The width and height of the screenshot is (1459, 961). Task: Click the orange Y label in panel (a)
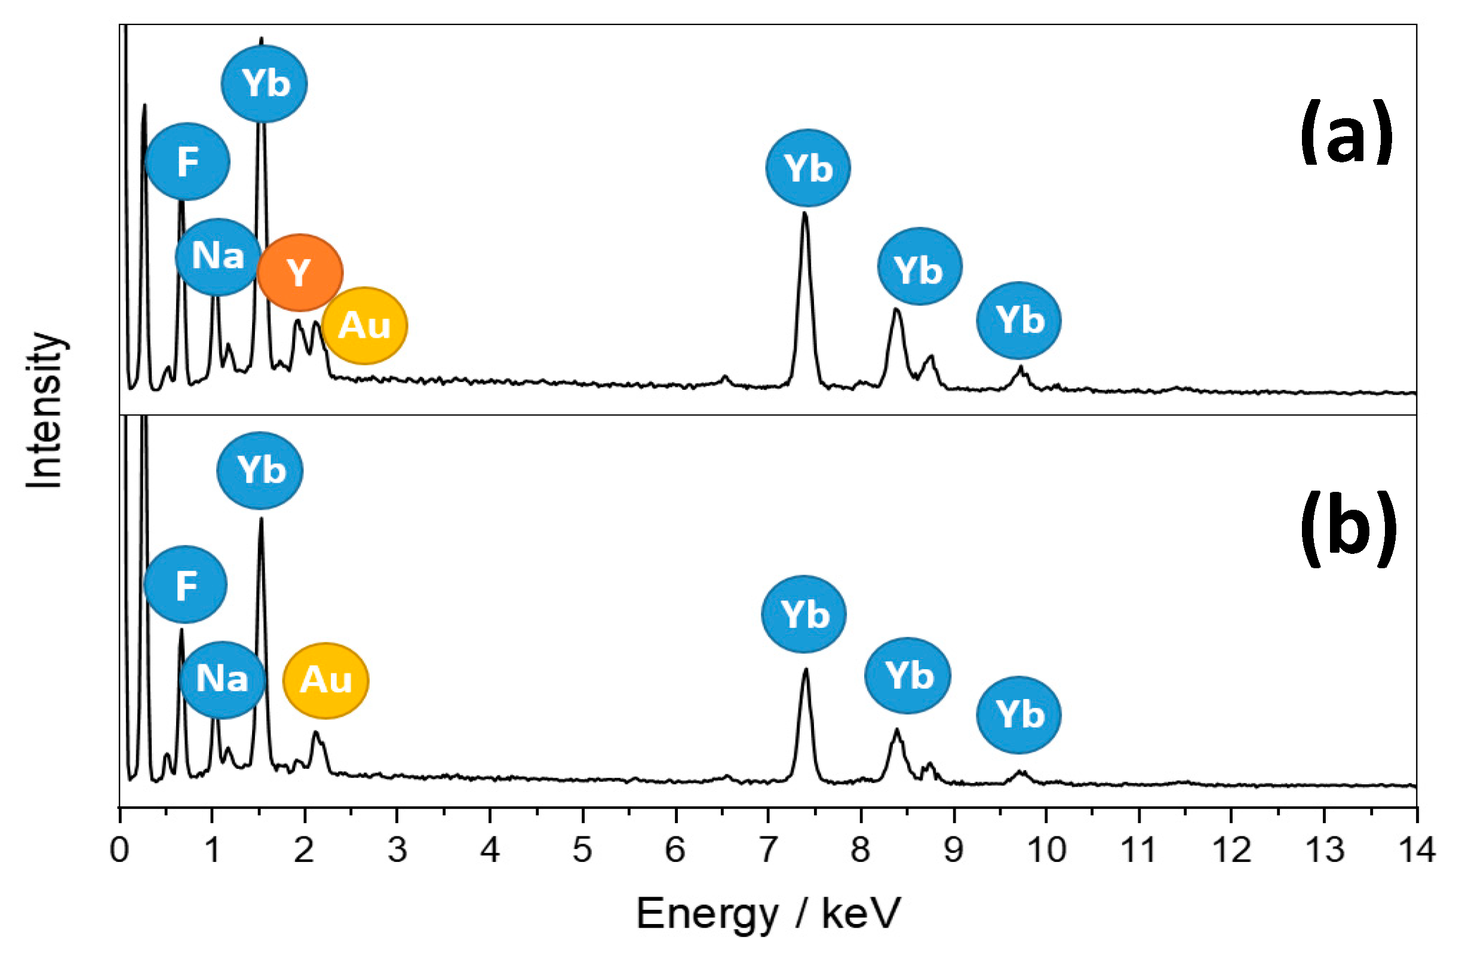pyautogui.click(x=300, y=272)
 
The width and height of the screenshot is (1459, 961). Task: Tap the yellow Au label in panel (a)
pyautogui.click(x=365, y=325)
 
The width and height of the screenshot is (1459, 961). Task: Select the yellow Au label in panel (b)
pyautogui.click(x=325, y=680)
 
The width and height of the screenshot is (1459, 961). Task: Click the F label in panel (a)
pyautogui.click(x=188, y=162)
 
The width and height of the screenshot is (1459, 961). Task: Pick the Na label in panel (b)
pyautogui.click(x=222, y=680)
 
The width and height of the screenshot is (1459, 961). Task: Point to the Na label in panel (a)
pyautogui.click(x=217, y=256)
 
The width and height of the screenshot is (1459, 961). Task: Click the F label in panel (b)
pyautogui.click(x=186, y=585)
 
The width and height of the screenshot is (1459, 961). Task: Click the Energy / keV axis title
pyautogui.click(x=768, y=913)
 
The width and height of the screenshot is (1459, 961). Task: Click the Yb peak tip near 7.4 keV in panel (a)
pyautogui.click(x=804, y=213)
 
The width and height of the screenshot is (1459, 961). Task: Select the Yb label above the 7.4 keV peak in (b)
pyautogui.click(x=804, y=614)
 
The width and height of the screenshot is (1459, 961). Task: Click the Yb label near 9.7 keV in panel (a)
pyautogui.click(x=1019, y=321)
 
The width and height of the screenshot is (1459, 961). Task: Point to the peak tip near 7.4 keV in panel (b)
pyautogui.click(x=806, y=669)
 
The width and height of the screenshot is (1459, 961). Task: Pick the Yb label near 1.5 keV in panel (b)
pyautogui.click(x=260, y=470)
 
